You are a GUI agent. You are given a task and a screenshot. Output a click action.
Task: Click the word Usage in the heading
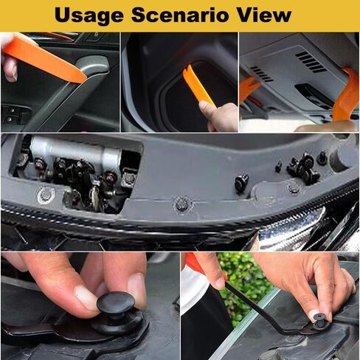coord(89,15)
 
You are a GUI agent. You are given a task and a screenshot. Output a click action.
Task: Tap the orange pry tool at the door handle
coord(44,60)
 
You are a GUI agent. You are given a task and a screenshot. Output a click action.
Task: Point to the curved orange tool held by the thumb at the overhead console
coord(345,97)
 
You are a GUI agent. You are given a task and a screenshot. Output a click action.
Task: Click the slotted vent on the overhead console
coord(311,61)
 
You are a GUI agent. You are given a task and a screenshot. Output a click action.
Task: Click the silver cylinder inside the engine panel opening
coord(76,154)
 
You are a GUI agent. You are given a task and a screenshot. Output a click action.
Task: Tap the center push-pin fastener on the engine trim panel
coord(182,204)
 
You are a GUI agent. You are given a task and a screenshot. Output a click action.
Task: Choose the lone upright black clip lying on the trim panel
coord(241,183)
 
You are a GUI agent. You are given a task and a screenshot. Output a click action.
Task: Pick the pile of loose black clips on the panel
coord(303,169)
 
